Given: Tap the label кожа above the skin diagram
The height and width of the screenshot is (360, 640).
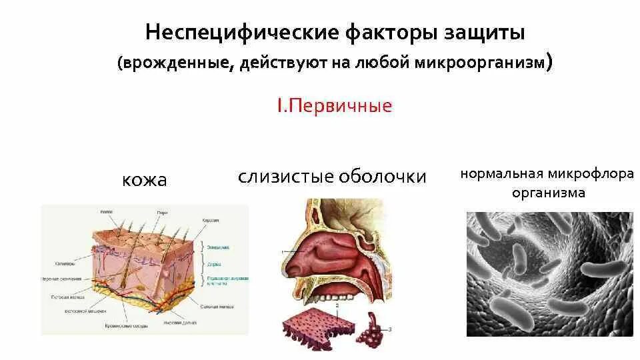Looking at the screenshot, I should [x=144, y=180].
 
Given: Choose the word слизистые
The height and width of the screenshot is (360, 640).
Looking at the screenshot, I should [x=285, y=177].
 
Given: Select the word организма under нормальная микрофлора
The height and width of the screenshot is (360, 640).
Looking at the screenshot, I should [x=549, y=193].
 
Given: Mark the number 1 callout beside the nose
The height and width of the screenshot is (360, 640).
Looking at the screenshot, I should [x=283, y=251].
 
